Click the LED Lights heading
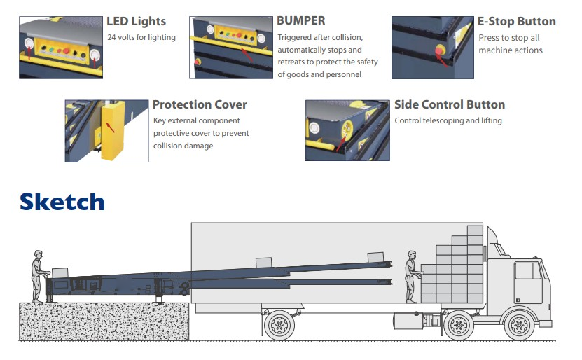135,21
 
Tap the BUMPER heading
301,21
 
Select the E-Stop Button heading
517,21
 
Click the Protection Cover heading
200,104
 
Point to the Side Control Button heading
450,104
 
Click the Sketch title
62,202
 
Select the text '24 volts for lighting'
141,37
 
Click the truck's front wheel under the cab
518,325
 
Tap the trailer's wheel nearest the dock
279,325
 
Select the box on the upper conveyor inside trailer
375,257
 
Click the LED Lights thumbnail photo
60,47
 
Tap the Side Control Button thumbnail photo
347,130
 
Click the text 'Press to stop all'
509,38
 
